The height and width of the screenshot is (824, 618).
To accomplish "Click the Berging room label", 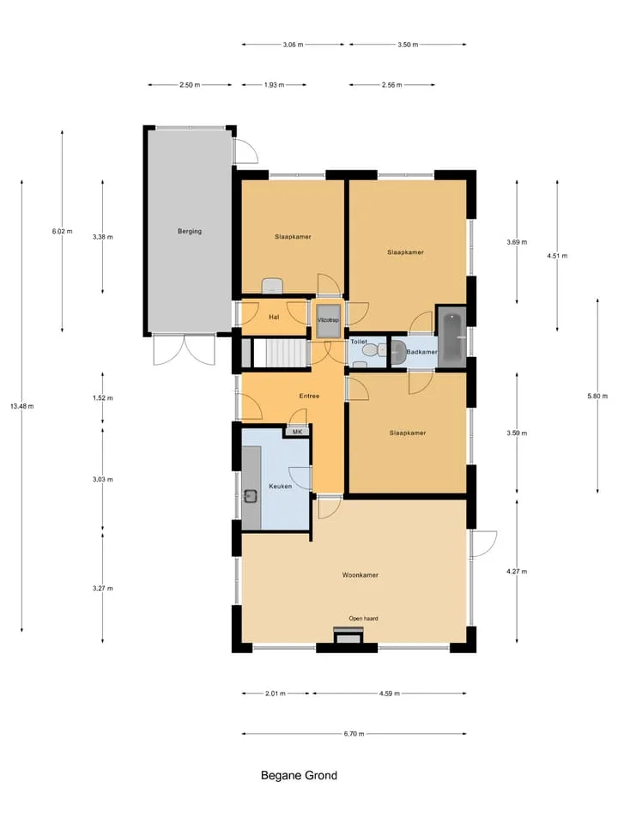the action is pyautogui.click(x=190, y=231).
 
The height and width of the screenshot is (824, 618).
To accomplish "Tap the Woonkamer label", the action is pyautogui.click(x=360, y=575).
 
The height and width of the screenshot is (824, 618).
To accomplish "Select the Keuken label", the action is pyautogui.click(x=280, y=486).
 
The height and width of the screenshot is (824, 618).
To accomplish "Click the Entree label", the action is pyautogui.click(x=309, y=396).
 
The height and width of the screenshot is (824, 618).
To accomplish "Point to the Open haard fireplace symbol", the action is pyautogui.click(x=348, y=636).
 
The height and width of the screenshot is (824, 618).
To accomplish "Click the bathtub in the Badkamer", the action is pyautogui.click(x=451, y=336).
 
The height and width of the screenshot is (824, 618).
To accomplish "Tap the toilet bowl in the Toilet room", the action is pyautogui.click(x=373, y=349).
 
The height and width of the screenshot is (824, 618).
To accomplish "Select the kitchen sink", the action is pyautogui.click(x=251, y=495).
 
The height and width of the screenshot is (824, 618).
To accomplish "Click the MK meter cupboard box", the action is pyautogui.click(x=298, y=432).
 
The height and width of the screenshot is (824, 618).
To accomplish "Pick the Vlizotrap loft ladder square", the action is pyautogui.click(x=329, y=320).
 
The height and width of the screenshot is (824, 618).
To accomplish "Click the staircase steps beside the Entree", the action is pyautogui.click(x=280, y=353).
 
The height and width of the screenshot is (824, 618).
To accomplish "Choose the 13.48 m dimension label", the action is pyautogui.click(x=22, y=406).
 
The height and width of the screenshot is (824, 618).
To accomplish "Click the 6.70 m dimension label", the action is pyautogui.click(x=354, y=734).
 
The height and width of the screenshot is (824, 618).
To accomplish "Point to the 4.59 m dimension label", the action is pyautogui.click(x=390, y=694).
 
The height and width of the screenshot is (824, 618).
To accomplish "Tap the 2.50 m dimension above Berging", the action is pyautogui.click(x=190, y=85).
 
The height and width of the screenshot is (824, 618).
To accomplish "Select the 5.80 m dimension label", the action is pyautogui.click(x=597, y=397).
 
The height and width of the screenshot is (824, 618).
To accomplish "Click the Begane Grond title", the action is pyautogui.click(x=299, y=775).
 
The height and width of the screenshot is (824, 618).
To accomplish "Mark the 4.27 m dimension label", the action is pyautogui.click(x=517, y=572).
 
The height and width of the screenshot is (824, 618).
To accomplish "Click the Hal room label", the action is pyautogui.click(x=274, y=317).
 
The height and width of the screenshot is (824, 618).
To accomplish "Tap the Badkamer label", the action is pyautogui.click(x=421, y=352).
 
